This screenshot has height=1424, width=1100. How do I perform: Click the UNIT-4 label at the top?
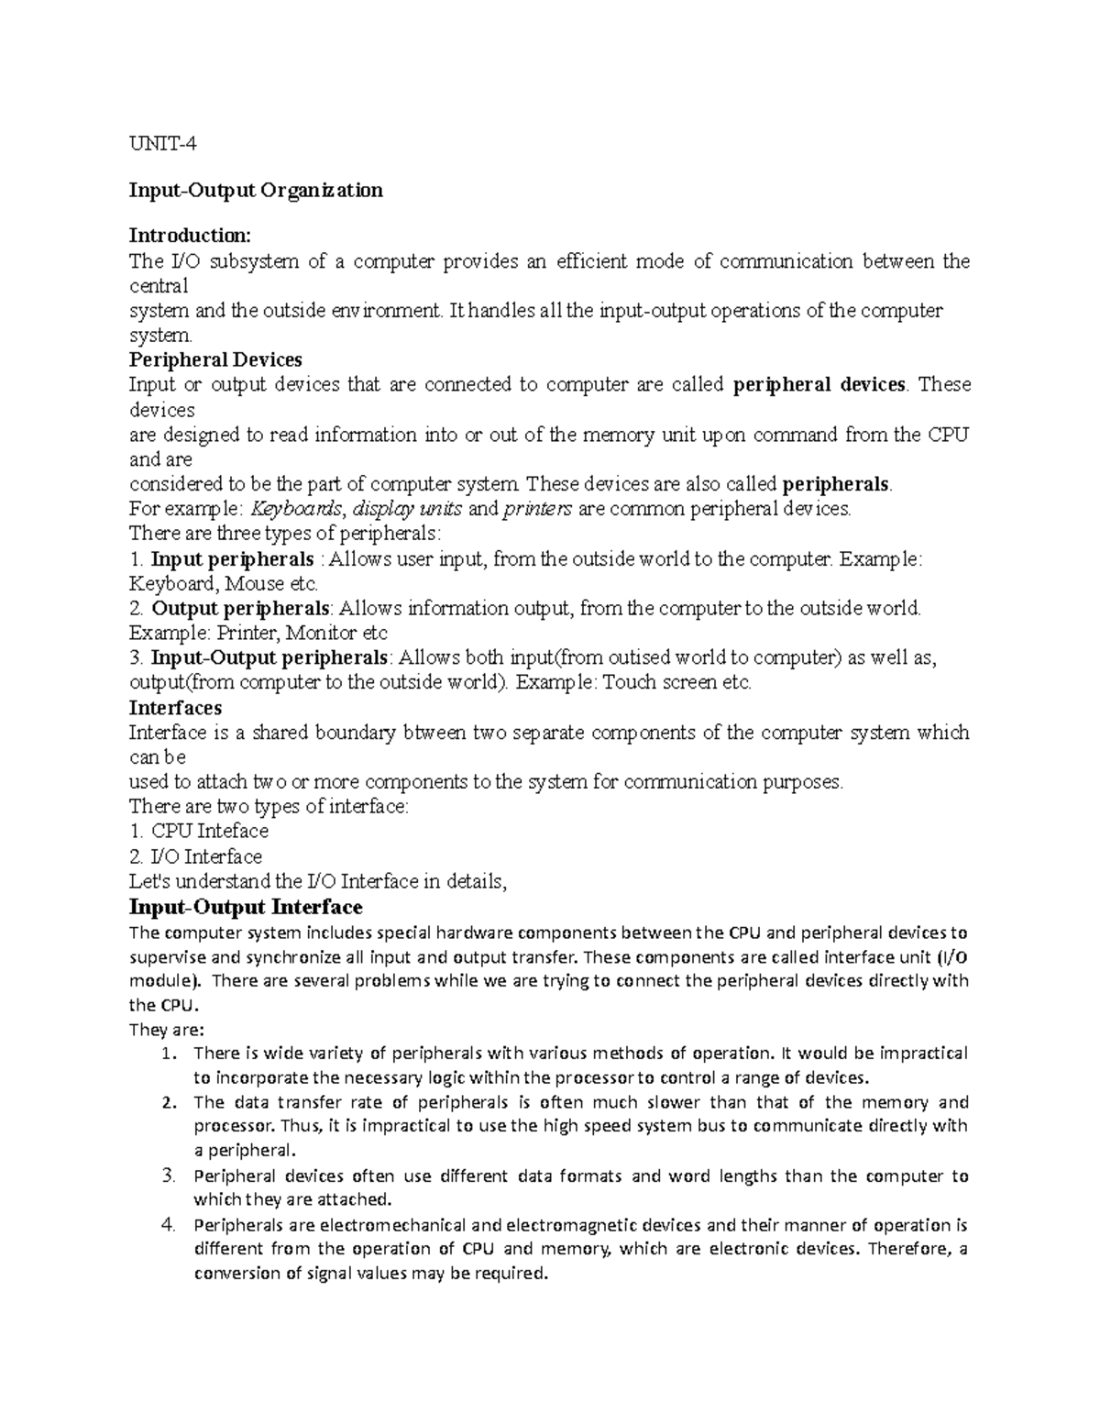(x=162, y=144)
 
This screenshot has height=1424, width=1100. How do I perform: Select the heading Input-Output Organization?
(x=256, y=191)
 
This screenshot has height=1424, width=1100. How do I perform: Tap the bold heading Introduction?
(x=189, y=237)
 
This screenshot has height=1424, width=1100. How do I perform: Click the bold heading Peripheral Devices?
(x=215, y=359)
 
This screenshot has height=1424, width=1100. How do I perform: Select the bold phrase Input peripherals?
(x=232, y=559)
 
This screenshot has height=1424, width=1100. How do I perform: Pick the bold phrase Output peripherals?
(x=241, y=609)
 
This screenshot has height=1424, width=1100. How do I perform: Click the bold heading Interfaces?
(x=175, y=708)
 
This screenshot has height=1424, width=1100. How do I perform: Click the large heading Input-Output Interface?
(x=246, y=908)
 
